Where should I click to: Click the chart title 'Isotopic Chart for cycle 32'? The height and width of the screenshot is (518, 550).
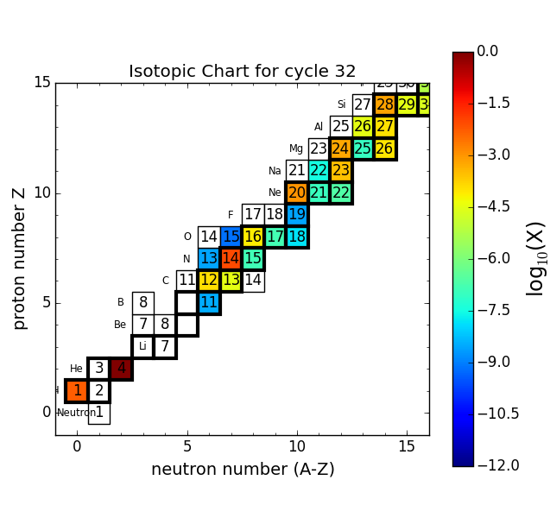[242, 72]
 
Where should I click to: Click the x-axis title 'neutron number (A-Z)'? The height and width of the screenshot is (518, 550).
[243, 470]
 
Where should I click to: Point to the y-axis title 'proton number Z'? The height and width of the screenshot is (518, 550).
[20, 258]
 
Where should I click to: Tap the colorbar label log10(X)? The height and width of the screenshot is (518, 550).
[535, 258]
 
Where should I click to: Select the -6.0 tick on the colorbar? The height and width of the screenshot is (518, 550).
[487, 258]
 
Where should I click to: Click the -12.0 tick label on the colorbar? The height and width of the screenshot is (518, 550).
[498, 466]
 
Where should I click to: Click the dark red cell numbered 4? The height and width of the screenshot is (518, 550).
[121, 369]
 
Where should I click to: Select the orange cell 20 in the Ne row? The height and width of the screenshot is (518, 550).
[297, 193]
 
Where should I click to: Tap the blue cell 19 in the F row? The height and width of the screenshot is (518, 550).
[297, 214]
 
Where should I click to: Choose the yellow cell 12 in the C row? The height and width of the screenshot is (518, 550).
[209, 281]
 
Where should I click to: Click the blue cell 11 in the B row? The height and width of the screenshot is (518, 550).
[209, 302]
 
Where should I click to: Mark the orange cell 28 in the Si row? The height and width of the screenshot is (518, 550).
[385, 104]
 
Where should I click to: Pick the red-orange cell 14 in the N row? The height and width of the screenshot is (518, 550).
[231, 258]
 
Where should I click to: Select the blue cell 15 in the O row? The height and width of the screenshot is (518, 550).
[231, 237]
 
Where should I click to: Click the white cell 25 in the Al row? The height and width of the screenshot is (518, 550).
[341, 127]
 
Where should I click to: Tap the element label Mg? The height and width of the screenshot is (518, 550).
[296, 148]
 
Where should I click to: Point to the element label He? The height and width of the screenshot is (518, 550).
[76, 369]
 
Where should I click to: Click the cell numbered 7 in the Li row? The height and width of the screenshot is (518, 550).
[165, 346]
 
